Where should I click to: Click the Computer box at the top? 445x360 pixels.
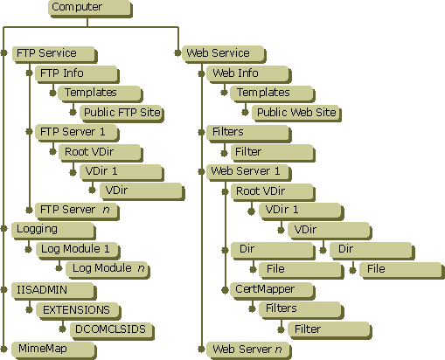pyautogui.click(x=90, y=8)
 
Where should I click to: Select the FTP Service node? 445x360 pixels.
pyautogui.click(x=55, y=54)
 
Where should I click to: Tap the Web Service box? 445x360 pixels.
pyautogui.click(x=224, y=54)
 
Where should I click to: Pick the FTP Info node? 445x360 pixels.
pyautogui.click(x=77, y=74)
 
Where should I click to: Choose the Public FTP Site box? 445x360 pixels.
pyautogui.click(x=122, y=114)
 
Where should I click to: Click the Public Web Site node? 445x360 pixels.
pyautogui.click(x=296, y=114)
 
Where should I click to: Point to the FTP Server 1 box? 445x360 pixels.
pyautogui.click(x=77, y=133)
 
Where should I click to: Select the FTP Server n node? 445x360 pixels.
pyautogui.click(x=77, y=211)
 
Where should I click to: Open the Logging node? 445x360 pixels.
pyautogui.click(x=54, y=231)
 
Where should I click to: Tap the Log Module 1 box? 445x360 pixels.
pyautogui.click(x=78, y=251)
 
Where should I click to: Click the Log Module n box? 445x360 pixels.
pyautogui.click(x=108, y=270)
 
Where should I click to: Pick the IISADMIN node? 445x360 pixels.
pyautogui.click(x=54, y=291)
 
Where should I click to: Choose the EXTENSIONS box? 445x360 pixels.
pyautogui.click(x=79, y=311)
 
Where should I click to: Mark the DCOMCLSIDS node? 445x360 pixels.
pyautogui.click(x=112, y=331)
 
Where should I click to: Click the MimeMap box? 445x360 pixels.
pyautogui.click(x=54, y=350)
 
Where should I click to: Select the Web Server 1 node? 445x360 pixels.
pyautogui.click(x=249, y=172)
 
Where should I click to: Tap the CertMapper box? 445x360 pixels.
pyautogui.click(x=273, y=291)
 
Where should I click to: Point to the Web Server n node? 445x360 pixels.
pyautogui.click(x=249, y=350)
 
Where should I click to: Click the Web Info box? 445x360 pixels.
pyautogui.click(x=249, y=74)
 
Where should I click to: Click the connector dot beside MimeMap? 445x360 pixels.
pyautogui.click(x=4, y=349)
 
